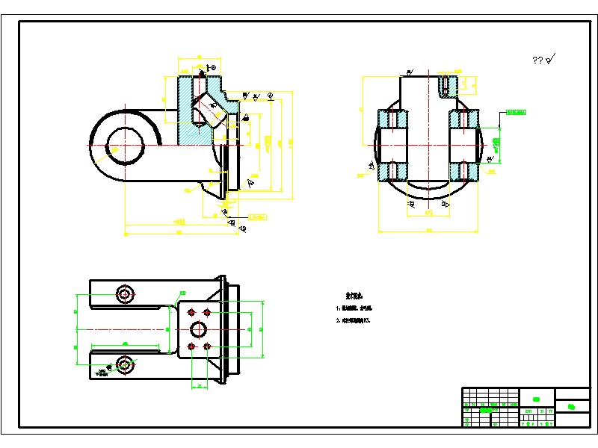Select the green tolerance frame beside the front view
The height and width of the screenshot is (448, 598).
[516, 113]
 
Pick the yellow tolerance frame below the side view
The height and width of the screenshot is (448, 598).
[256, 217]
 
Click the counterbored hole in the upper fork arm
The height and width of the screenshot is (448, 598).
[124, 293]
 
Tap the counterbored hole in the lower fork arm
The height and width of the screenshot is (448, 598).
[124, 364]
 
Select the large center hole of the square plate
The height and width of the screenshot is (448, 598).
[199, 329]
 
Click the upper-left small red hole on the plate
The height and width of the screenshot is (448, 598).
[191, 311]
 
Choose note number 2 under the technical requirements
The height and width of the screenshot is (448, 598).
[354, 320]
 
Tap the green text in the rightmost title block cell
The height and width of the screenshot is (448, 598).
[572, 407]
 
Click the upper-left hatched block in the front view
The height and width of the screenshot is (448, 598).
[392, 119]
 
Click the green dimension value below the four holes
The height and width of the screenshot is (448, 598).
[200, 386]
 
